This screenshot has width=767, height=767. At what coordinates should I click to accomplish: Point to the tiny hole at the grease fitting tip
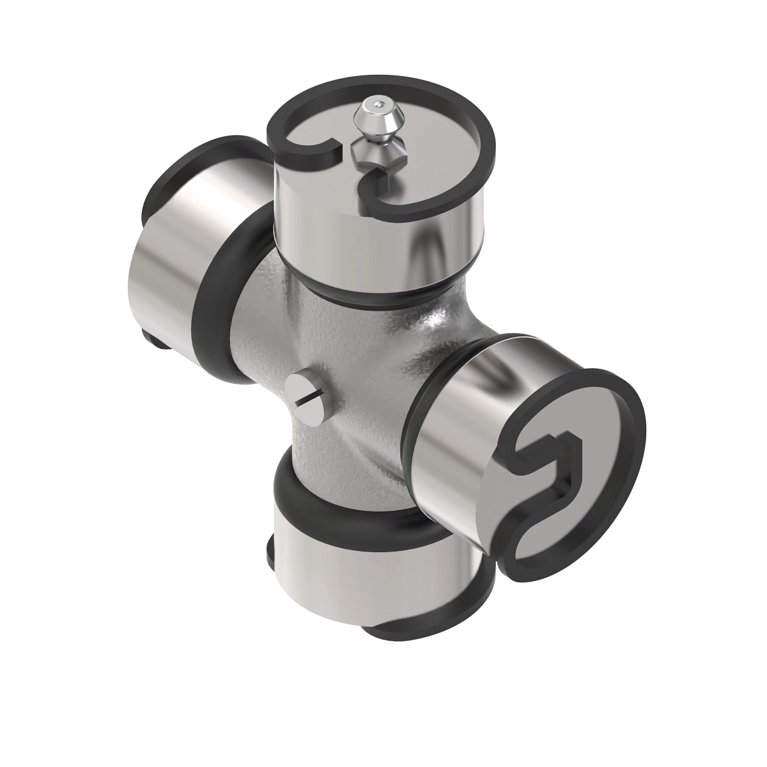click(x=381, y=102)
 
